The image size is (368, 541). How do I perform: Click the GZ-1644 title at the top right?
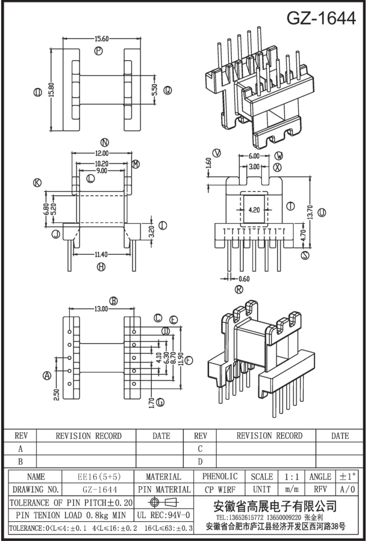pos(321,18)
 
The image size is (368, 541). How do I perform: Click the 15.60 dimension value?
pos(102,39)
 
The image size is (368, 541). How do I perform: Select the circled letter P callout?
pos(99,52)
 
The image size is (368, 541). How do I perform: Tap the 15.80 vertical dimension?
pos(52,90)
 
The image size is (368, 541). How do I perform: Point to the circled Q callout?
pos(167,90)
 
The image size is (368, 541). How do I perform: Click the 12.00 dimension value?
pos(102,153)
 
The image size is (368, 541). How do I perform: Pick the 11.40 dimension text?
pos(101,255)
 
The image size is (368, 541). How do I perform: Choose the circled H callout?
pos(101,266)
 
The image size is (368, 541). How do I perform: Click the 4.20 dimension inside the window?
pos(254,209)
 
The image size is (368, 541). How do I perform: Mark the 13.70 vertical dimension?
pos(310,212)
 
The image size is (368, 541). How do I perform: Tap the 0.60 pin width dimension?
pos(244,279)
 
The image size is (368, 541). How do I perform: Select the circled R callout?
pos(239,289)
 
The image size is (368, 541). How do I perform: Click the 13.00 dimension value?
pos(101,309)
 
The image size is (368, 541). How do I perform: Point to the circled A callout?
pos(47,375)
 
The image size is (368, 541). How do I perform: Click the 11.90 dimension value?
pos(179,360)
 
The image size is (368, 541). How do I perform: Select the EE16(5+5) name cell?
pos(98,477)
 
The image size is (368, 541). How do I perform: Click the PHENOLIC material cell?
pos(220,477)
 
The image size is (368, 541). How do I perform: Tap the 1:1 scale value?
pos(292,477)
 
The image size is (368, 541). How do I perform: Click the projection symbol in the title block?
pos(163,502)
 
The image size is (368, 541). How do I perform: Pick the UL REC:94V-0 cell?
pos(163,515)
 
